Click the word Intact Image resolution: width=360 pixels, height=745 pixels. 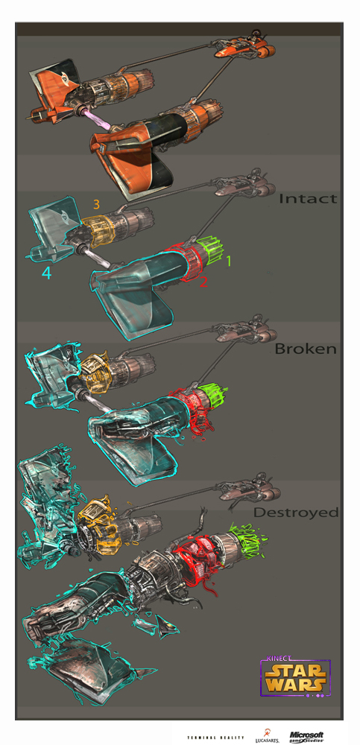308,198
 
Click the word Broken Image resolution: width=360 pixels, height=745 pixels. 306,349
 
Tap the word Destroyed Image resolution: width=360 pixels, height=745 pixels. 296,513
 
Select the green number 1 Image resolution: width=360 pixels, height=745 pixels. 229,261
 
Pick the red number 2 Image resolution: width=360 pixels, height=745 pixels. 203,282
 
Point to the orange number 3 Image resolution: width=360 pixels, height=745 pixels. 96,204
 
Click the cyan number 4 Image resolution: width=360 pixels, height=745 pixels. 46,273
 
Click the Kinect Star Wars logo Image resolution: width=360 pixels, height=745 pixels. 295,677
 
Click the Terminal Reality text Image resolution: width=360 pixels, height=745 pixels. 216,738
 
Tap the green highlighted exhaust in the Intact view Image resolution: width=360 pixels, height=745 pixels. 213,250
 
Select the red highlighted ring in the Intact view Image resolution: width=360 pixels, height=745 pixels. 188,261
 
